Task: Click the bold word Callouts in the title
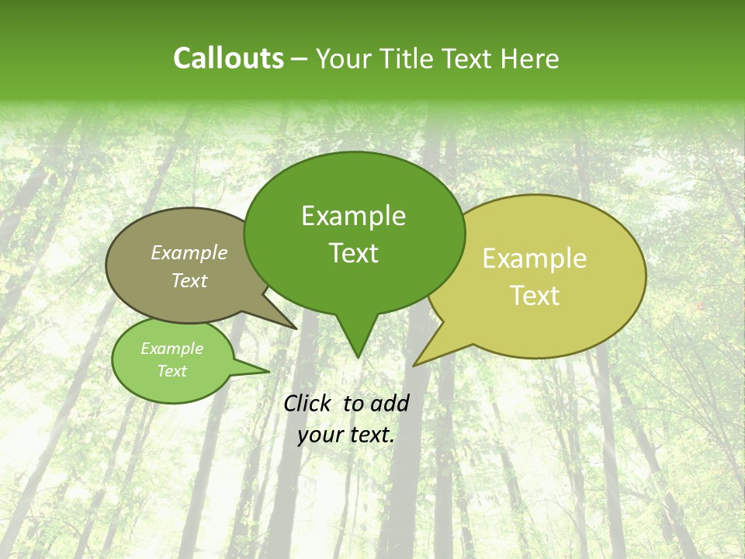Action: pos(228,58)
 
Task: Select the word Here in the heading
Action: pos(531,59)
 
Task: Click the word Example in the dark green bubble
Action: pos(353,216)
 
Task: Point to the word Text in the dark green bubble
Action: pos(353,253)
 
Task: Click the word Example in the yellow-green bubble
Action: pos(535,259)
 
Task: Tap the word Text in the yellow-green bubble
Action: pos(535,296)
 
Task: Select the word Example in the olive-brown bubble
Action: pos(189,252)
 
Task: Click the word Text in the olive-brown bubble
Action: pos(189,280)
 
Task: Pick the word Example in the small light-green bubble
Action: pos(172,349)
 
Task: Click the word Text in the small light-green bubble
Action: pos(172,371)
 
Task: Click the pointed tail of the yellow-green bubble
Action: pos(417,363)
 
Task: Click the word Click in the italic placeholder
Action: pos(308,403)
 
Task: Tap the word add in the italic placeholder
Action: pos(390,403)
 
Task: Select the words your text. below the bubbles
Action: pos(346,435)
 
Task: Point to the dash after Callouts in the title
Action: pos(300,59)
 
